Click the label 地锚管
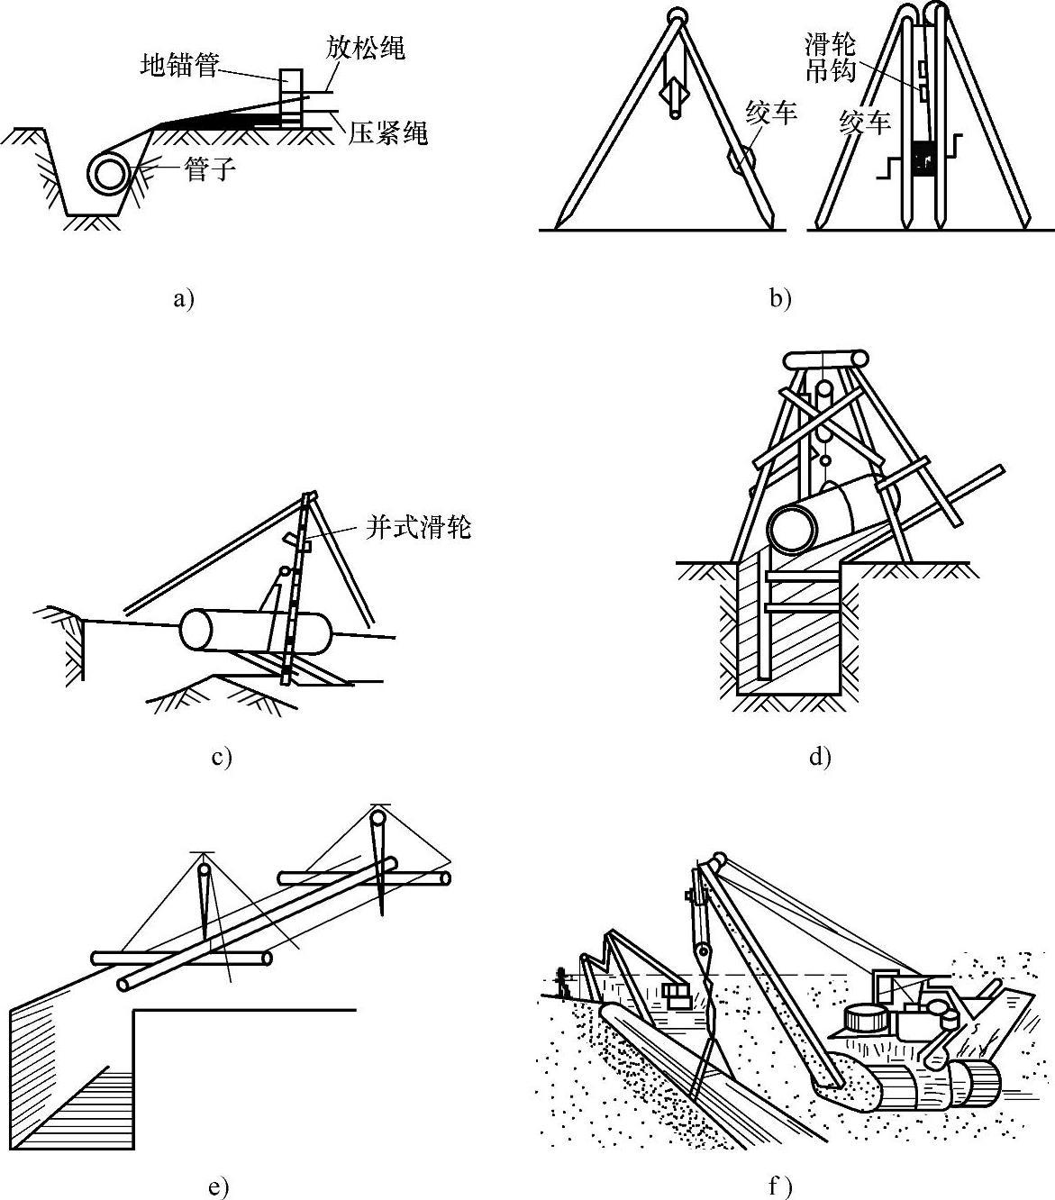point(179,65)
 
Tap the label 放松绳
point(366,48)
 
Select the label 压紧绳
point(387,133)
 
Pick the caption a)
point(184,299)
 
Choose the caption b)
point(780,299)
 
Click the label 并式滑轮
point(418,527)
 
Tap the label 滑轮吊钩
point(830,58)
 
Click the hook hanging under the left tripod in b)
point(675,93)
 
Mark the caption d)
point(819,756)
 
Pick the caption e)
point(218,1188)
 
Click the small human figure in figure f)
point(562,982)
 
